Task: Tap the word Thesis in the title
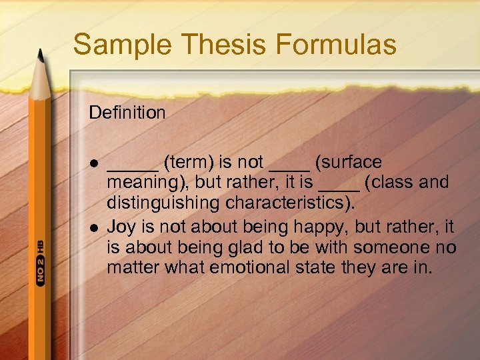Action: [213, 45]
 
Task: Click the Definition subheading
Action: [127, 113]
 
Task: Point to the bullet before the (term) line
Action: [93, 163]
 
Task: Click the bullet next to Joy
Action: [93, 227]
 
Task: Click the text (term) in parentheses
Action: [188, 163]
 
